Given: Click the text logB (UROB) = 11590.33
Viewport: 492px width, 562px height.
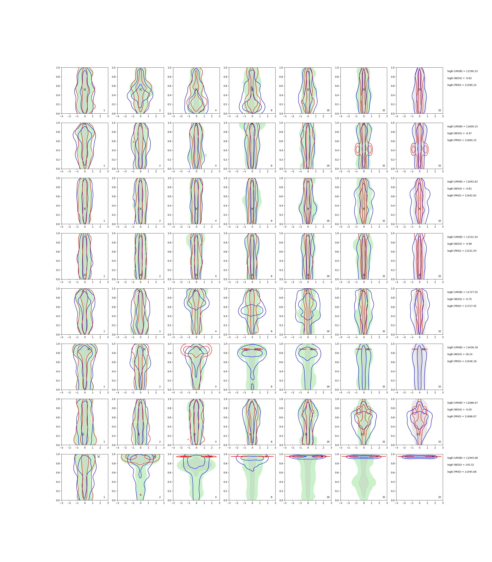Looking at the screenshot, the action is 462,71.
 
